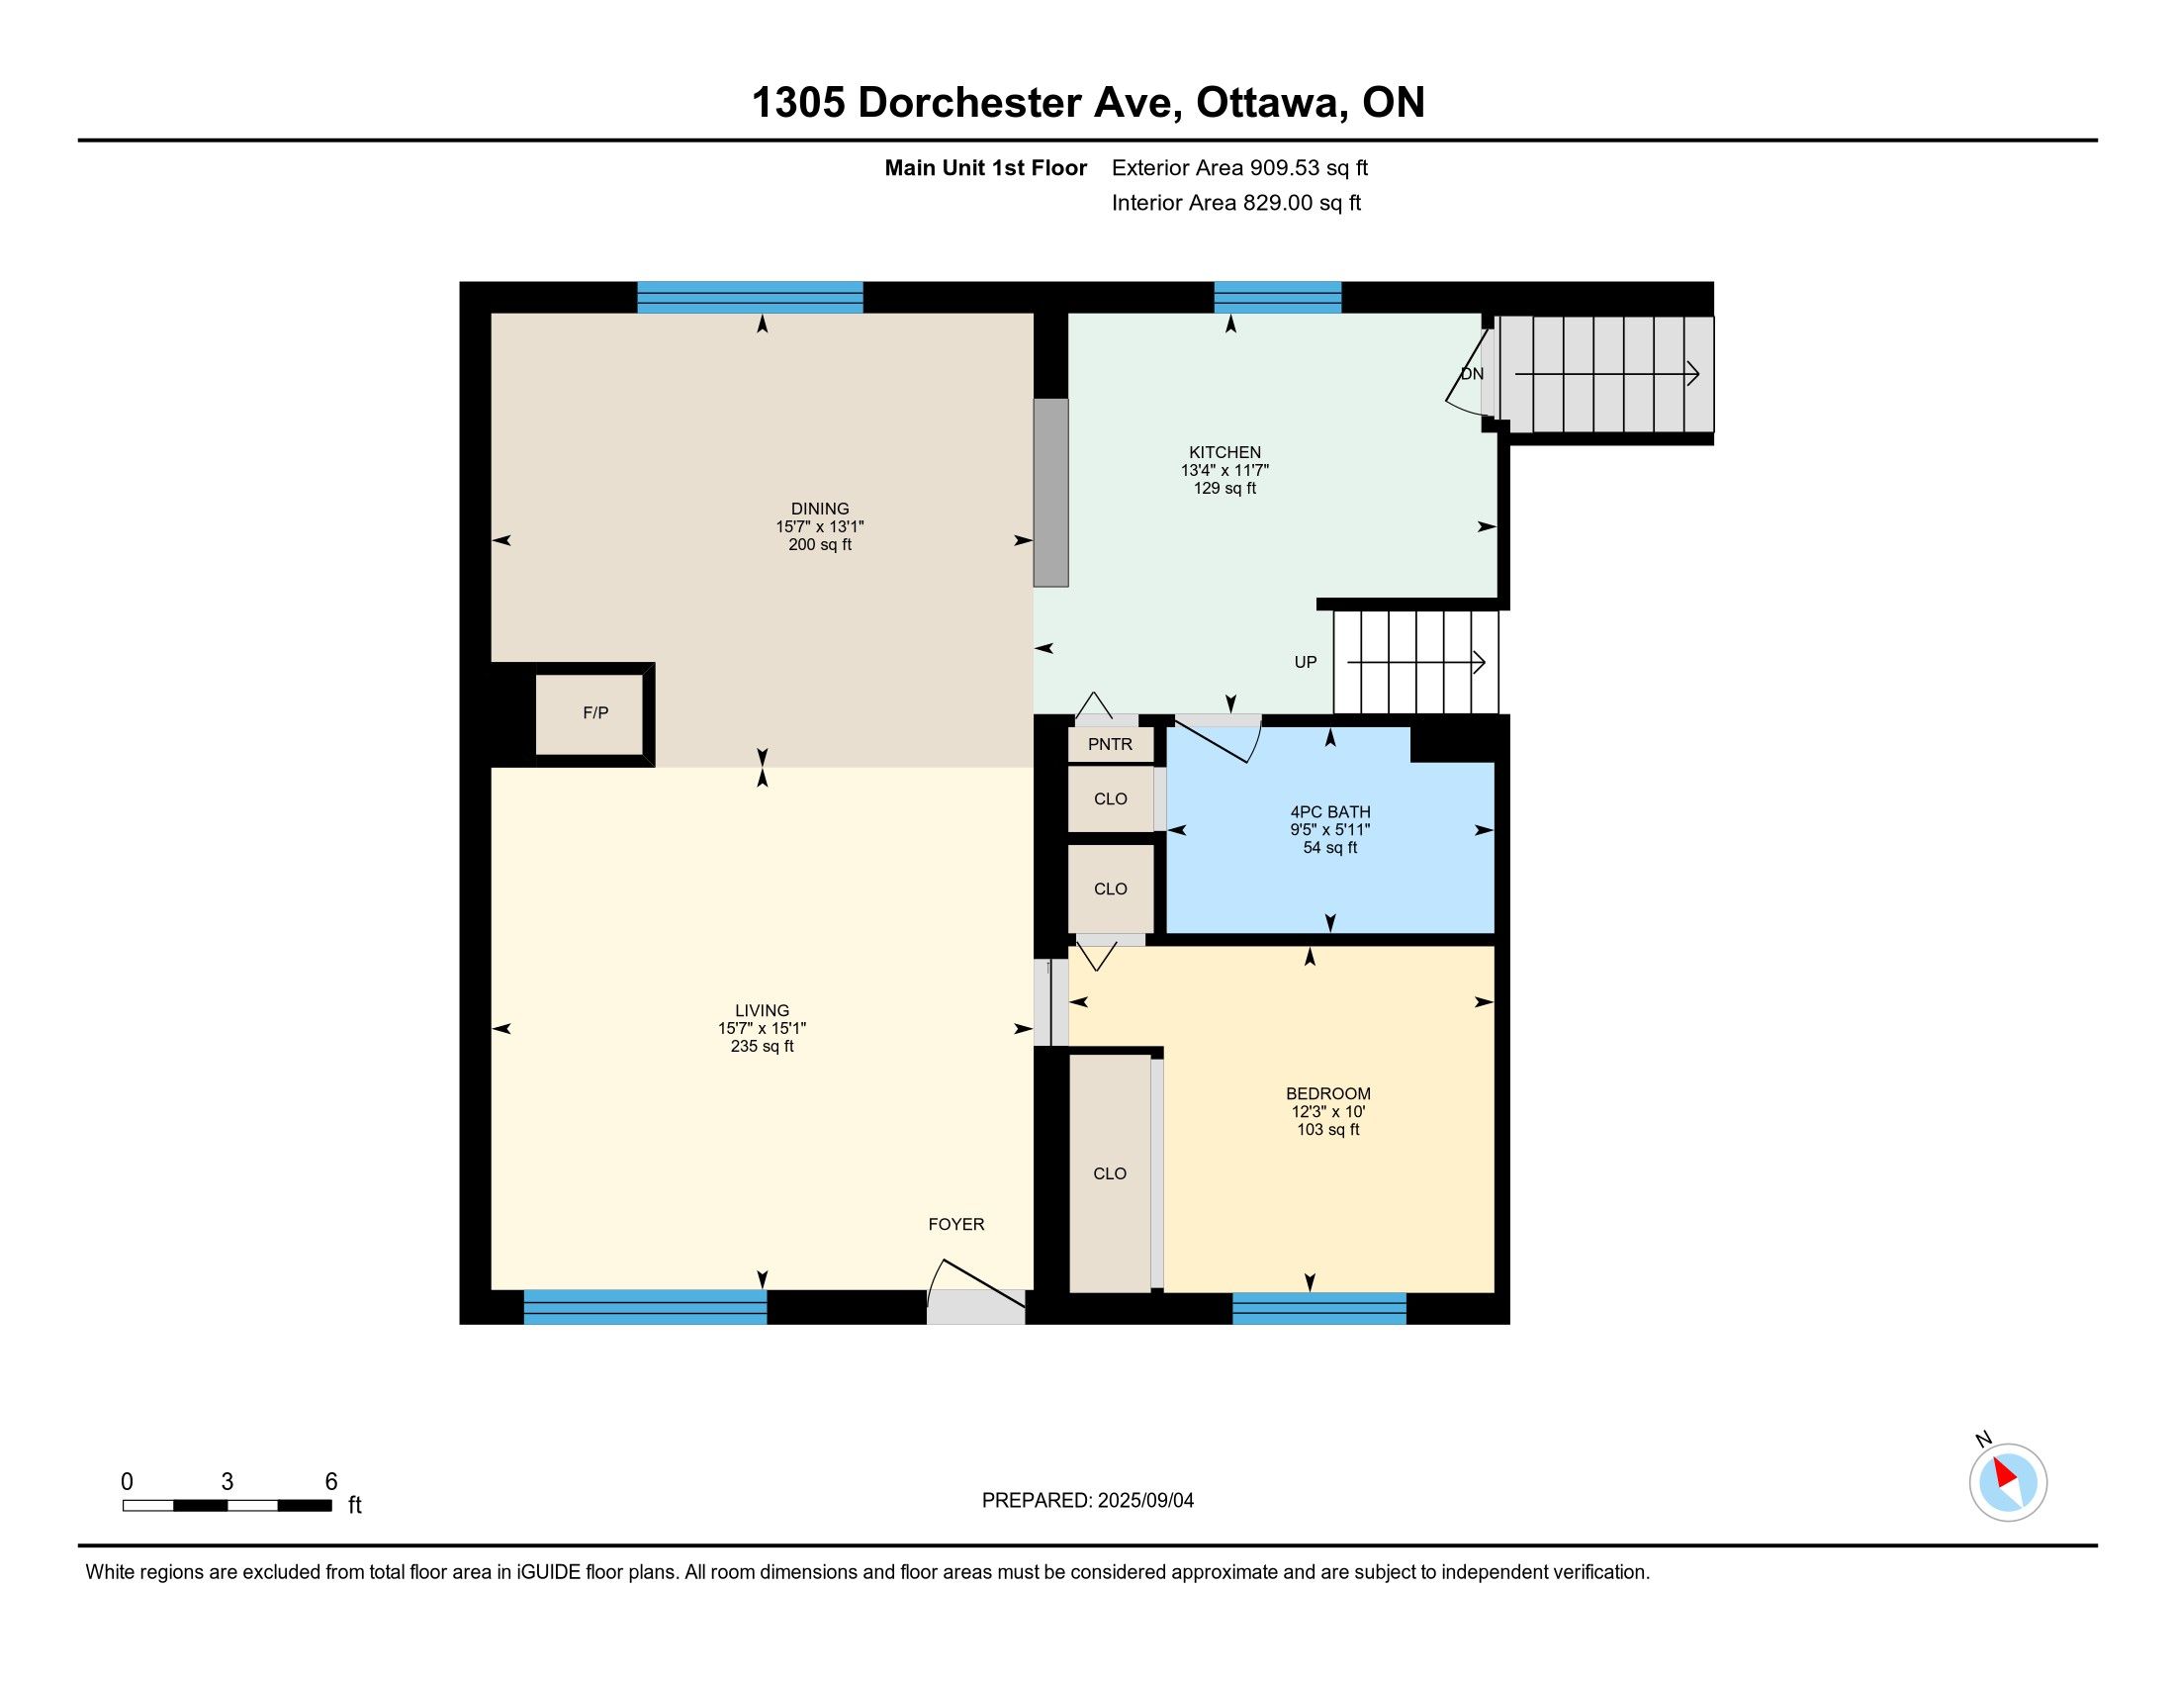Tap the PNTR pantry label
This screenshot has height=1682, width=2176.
point(1110,744)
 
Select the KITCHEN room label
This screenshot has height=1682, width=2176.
point(1224,452)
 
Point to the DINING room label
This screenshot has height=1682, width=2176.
point(820,509)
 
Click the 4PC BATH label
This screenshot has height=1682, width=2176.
point(1330,812)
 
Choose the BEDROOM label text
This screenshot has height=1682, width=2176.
point(1328,1093)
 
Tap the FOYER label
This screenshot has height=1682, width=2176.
point(956,1224)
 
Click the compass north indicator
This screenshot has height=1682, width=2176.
point(2007,1481)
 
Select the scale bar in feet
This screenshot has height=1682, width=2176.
point(227,1505)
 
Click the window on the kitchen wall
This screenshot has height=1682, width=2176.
point(1277,298)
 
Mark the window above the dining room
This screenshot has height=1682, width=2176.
point(751,298)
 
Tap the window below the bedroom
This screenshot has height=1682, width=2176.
point(1319,1308)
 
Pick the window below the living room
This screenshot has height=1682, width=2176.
point(646,1306)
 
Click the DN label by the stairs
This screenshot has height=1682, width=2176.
point(1472,374)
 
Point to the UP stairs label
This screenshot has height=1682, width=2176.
point(1306,662)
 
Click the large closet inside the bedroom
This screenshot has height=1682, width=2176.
point(1110,1172)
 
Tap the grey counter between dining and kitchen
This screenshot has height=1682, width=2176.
point(1050,493)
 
